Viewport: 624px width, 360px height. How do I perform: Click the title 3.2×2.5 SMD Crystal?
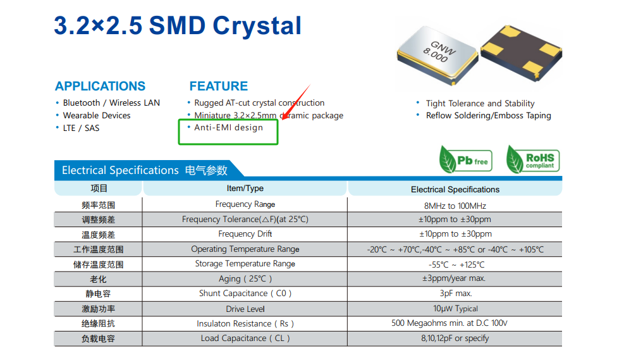pyautogui.click(x=178, y=25)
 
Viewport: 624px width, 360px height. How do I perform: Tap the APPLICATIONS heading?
pyautogui.click(x=101, y=86)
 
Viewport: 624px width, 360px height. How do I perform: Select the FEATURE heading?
pyautogui.click(x=219, y=86)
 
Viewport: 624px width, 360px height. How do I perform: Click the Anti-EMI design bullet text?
pyautogui.click(x=228, y=127)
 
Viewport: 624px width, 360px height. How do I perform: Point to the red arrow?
pyautogui.click(x=296, y=102)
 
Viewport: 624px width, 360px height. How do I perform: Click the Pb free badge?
pyautogui.click(x=465, y=159)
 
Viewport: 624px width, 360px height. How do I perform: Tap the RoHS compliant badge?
pyautogui.click(x=533, y=159)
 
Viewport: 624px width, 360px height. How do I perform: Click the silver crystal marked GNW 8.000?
pyautogui.click(x=437, y=55)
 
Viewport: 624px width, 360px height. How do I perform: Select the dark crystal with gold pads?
pyautogui.click(x=522, y=53)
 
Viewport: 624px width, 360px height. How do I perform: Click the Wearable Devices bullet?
pyautogui.click(x=97, y=116)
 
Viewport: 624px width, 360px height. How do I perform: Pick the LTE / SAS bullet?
pyautogui.click(x=81, y=128)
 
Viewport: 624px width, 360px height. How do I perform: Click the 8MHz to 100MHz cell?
pyautogui.click(x=455, y=206)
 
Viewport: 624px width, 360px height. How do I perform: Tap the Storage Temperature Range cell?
pyautogui.click(x=245, y=264)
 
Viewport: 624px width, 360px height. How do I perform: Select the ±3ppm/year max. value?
pyautogui.click(x=454, y=278)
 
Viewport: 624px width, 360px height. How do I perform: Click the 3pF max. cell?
pyautogui.click(x=456, y=294)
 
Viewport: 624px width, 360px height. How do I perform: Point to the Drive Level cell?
pyautogui.click(x=245, y=309)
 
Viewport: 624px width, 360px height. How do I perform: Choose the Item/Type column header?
pyautogui.click(x=245, y=189)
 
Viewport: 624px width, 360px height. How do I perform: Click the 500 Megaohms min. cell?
pyautogui.click(x=450, y=323)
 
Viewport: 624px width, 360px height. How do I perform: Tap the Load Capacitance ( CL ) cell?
pyautogui.click(x=245, y=338)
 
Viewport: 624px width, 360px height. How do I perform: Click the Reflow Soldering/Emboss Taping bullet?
pyautogui.click(x=488, y=116)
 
